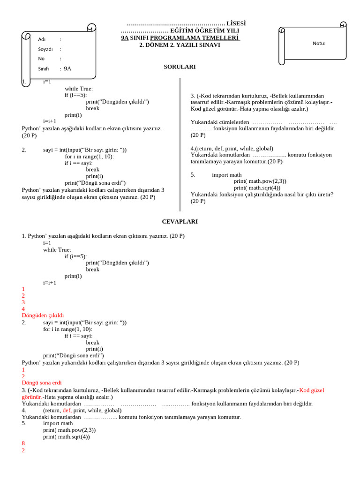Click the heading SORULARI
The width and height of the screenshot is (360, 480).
(x=180, y=67)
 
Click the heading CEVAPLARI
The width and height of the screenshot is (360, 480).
(x=180, y=221)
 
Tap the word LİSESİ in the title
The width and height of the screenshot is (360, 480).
(x=236, y=23)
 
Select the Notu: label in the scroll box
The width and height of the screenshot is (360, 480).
(x=319, y=44)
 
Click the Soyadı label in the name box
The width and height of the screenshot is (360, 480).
(x=45, y=49)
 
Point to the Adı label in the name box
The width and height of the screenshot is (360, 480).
(x=42, y=39)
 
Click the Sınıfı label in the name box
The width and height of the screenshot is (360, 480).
(x=44, y=69)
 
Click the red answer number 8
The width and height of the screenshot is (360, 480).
(x=23, y=443)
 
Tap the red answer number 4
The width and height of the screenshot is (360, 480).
(x=23, y=309)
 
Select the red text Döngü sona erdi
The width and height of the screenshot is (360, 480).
(x=42, y=382)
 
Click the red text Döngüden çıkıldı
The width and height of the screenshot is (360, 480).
(x=43, y=315)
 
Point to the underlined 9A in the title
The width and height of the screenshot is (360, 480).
(x=125, y=37)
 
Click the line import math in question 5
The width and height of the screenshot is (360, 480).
(x=227, y=175)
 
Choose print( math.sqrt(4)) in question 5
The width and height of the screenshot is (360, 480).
(x=257, y=188)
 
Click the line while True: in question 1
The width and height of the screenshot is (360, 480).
(x=79, y=89)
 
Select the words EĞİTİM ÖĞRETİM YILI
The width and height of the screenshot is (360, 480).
(x=204, y=30)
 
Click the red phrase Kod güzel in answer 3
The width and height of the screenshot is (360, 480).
(x=312, y=390)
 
